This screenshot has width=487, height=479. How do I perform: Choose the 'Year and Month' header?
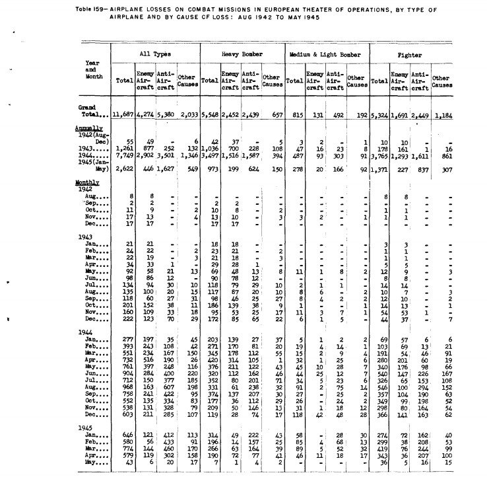(x=92, y=69)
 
